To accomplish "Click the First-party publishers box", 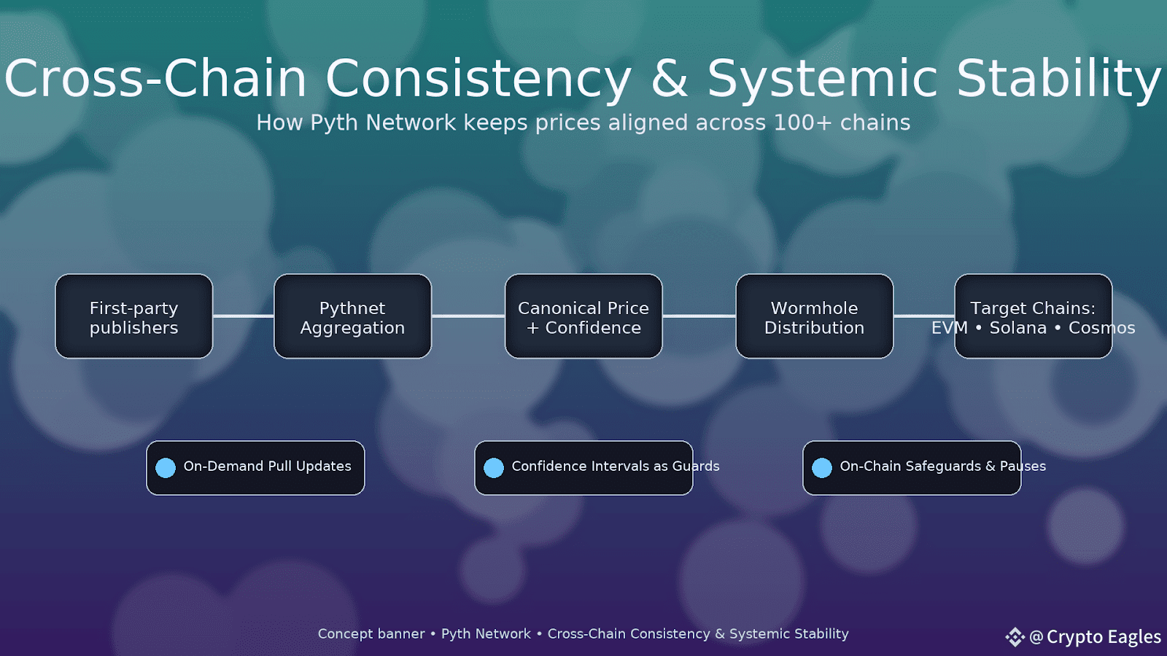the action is point(134,316).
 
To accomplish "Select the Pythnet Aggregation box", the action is point(353,316).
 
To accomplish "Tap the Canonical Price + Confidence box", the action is point(583,316).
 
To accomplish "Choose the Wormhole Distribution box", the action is point(814,316).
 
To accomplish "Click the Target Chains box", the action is point(1033,316).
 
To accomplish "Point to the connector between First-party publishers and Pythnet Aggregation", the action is point(244,316).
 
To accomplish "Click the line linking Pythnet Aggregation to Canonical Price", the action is point(468,316).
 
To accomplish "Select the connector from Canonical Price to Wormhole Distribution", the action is point(699,316).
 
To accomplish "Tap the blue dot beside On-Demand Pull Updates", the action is point(166,467).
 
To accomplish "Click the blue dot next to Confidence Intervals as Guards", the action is point(494,467).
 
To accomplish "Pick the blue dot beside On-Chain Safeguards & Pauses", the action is point(822,467).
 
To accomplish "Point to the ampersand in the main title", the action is point(670,78).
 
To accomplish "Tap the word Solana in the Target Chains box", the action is point(1018,328).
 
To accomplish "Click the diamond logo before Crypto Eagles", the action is point(1015,637).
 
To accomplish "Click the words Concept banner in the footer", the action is point(371,634).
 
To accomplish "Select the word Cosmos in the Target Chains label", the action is point(1102,328).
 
